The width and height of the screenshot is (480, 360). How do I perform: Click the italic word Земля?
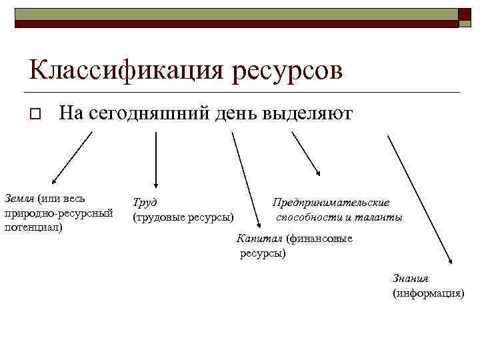click(19, 198)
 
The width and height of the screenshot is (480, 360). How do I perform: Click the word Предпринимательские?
click(331, 203)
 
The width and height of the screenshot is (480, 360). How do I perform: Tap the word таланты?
click(380, 217)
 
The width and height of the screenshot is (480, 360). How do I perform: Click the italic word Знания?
click(411, 279)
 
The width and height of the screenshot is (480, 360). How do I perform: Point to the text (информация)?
click(428, 293)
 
